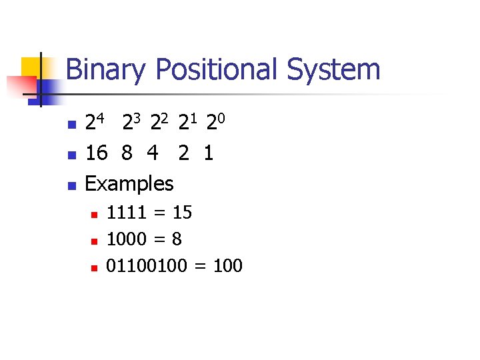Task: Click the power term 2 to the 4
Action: pos(95,123)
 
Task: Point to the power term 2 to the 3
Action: pos(131,123)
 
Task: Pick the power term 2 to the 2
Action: pos(160,123)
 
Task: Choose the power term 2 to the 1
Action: pos(188,123)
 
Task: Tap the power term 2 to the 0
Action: pos(216,123)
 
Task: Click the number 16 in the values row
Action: pos(96,153)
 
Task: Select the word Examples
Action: pos(129,183)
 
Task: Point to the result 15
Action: pos(182,213)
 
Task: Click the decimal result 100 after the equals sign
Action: pos(228,266)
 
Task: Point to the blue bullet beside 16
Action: pos(73,155)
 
